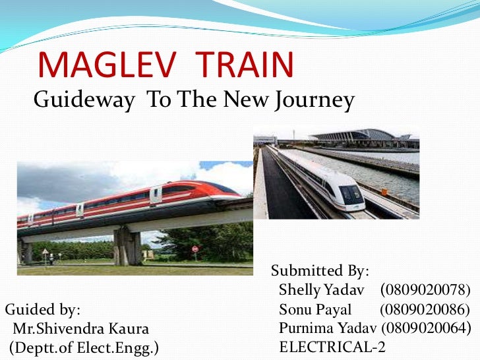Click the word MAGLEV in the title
tap(105, 65)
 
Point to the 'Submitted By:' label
tap(320, 271)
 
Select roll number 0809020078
tap(426, 290)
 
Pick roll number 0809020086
tap(425, 309)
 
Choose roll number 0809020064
tap(426, 328)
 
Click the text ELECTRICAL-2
tap(332, 347)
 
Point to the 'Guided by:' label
tap(43, 309)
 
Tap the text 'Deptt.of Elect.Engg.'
tap(84, 347)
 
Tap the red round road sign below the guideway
tap(195, 249)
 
